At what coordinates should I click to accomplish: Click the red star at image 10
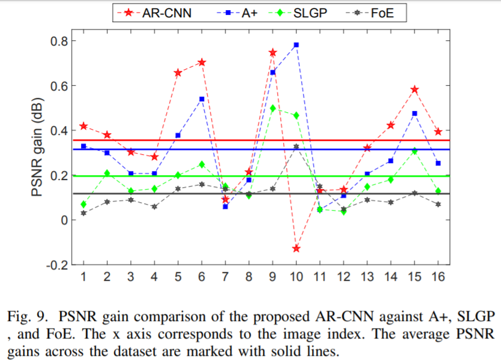pos(296,248)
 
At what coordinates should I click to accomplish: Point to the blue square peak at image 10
pos(296,45)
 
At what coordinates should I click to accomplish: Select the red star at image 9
pos(272,53)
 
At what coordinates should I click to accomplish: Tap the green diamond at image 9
pos(272,109)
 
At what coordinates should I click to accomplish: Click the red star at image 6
pos(202,62)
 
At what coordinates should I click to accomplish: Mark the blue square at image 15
pos(415,113)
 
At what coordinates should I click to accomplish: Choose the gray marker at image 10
pos(296,146)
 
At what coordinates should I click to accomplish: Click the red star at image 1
pos(83,126)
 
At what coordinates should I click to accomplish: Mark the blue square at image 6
pos(202,99)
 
